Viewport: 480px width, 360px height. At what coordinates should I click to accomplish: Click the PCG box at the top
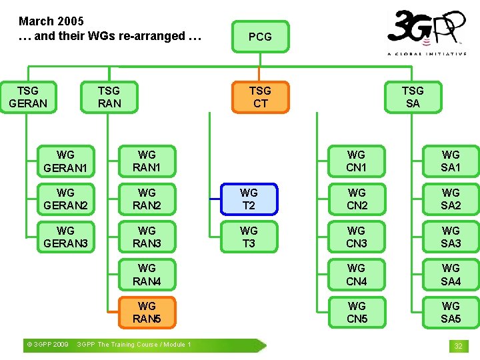pyautogui.click(x=260, y=37)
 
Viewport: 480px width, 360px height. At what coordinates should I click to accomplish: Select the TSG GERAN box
pyautogui.click(x=28, y=97)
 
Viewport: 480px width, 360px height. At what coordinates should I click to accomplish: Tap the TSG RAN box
pyautogui.click(x=109, y=97)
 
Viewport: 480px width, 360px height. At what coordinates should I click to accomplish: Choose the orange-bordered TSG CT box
pyautogui.click(x=260, y=97)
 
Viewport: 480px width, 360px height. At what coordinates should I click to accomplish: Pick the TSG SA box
pyautogui.click(x=413, y=97)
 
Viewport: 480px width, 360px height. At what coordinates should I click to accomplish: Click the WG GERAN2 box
pyautogui.click(x=65, y=199)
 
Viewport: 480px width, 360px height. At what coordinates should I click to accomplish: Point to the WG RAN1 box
pyautogui.click(x=147, y=161)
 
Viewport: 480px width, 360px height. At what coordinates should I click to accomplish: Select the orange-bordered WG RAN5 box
pyautogui.click(x=147, y=313)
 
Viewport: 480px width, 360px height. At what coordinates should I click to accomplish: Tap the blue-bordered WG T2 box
pyautogui.click(x=249, y=199)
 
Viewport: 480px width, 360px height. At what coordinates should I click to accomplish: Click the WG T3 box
pyautogui.click(x=249, y=237)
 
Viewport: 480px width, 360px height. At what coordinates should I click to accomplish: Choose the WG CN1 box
pyautogui.click(x=357, y=161)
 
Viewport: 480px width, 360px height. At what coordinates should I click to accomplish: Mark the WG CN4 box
pyautogui.click(x=357, y=275)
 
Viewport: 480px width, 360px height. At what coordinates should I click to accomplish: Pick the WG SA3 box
pyautogui.click(x=451, y=237)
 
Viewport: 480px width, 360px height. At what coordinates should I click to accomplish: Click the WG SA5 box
pyautogui.click(x=451, y=313)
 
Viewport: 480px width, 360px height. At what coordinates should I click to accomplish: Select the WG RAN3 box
pyautogui.click(x=147, y=237)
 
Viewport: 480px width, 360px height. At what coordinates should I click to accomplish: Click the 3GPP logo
pyautogui.click(x=427, y=32)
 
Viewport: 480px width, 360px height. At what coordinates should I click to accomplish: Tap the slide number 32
pyautogui.click(x=458, y=346)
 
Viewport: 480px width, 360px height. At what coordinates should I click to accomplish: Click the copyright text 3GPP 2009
pyautogui.click(x=47, y=345)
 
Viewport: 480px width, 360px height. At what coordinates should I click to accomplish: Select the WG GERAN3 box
pyautogui.click(x=65, y=237)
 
